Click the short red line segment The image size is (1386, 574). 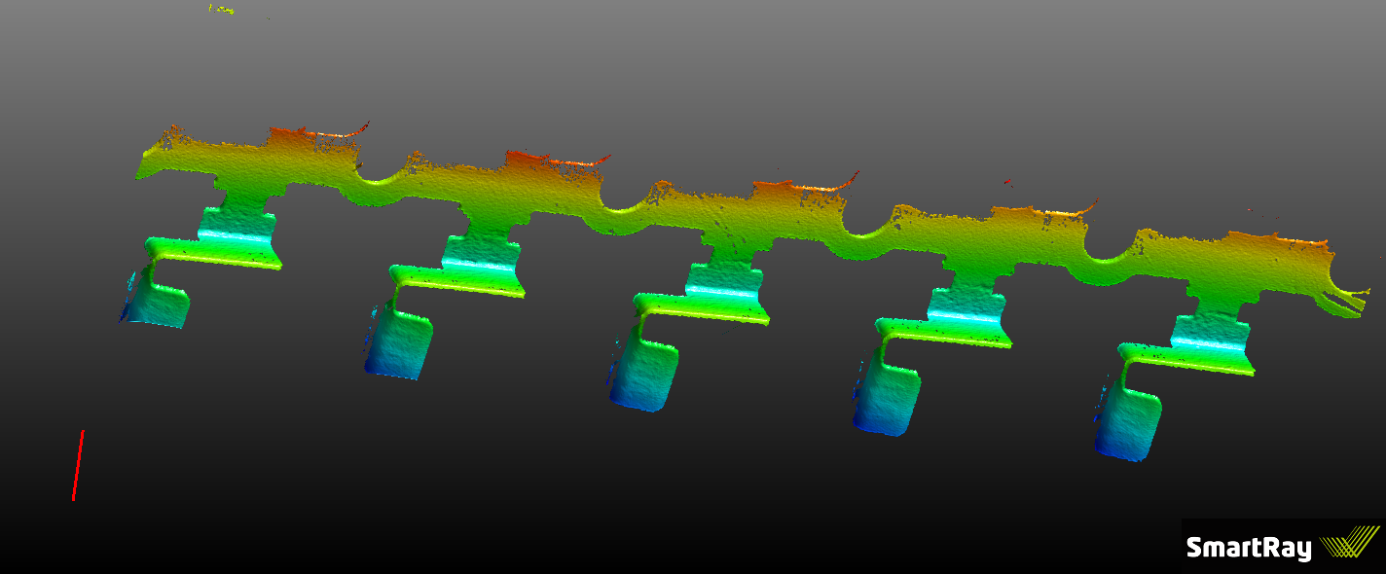click(x=78, y=466)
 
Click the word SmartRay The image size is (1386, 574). click(x=1248, y=548)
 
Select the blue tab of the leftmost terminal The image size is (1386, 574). click(x=161, y=304)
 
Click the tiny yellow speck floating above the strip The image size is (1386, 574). click(x=221, y=9)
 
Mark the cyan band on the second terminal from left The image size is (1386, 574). click(x=479, y=262)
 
